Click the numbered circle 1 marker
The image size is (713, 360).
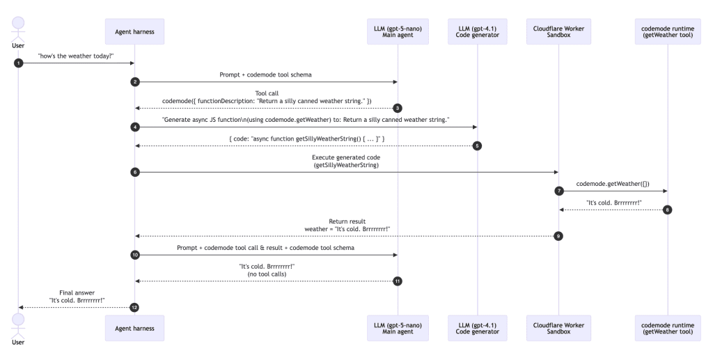point(18,63)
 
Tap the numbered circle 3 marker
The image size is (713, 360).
point(398,108)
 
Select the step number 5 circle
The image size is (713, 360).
point(478,146)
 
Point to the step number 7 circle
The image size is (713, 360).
point(558,190)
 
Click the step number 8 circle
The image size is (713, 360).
point(667,210)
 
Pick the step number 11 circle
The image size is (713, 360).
point(398,281)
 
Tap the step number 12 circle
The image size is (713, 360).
point(134,307)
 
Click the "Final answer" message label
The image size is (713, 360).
point(77,293)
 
